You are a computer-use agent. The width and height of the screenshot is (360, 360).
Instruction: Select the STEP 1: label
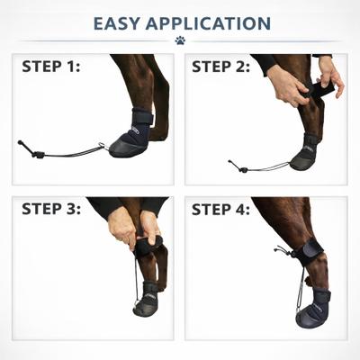point(51,67)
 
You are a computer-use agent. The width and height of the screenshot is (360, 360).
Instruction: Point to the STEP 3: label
point(51,210)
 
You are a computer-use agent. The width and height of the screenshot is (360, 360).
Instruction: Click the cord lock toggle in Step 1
point(38,154)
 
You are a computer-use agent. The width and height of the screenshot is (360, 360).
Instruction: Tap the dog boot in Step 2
point(305,154)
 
